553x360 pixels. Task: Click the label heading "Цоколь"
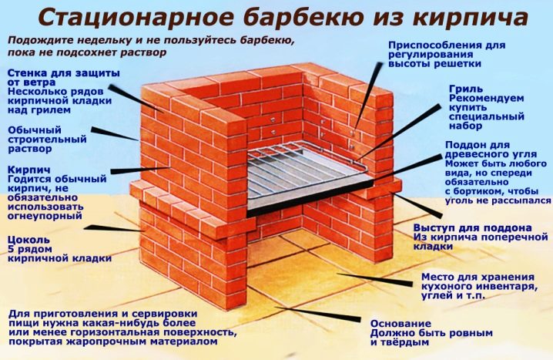[29, 241]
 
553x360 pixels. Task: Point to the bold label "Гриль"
[466, 89]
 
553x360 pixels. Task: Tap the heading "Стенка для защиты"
[64, 73]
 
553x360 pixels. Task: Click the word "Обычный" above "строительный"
[35, 130]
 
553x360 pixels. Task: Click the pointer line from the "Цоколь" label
[113, 229]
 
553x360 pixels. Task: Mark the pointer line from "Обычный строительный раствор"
[115, 134]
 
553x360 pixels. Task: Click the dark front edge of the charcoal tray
[310, 197]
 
